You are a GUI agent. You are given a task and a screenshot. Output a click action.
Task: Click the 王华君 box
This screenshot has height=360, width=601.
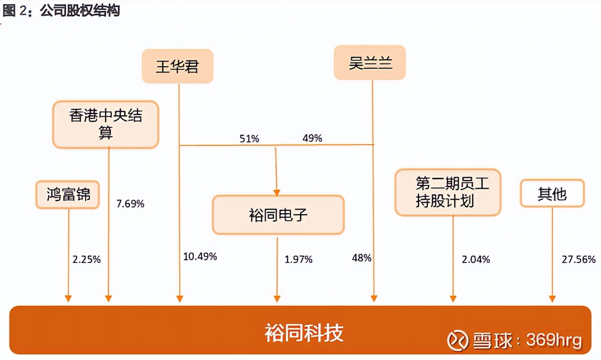(x=177, y=67)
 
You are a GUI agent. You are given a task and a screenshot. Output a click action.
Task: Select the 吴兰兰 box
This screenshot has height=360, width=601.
(x=370, y=63)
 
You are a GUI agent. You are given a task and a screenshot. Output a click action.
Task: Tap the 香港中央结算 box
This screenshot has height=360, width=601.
(x=106, y=125)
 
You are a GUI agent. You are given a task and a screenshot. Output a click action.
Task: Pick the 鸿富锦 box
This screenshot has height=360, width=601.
(x=68, y=195)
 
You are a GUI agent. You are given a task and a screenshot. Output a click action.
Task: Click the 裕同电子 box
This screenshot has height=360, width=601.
(x=278, y=214)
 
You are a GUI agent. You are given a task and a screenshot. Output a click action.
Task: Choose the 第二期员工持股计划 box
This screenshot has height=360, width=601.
(x=448, y=192)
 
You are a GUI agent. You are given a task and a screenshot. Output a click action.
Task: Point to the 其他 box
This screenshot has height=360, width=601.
(x=552, y=194)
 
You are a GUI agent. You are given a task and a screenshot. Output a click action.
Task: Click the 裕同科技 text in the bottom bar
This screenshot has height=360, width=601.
(x=304, y=332)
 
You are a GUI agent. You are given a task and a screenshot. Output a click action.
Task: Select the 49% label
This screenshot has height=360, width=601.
(x=312, y=138)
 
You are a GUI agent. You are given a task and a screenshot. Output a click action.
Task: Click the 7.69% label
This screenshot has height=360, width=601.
(x=130, y=204)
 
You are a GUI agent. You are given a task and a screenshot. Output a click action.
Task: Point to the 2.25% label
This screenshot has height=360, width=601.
(x=87, y=260)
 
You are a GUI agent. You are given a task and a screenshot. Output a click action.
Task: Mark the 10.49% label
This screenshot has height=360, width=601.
(x=200, y=257)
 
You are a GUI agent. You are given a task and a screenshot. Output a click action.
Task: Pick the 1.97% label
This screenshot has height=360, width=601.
(x=299, y=259)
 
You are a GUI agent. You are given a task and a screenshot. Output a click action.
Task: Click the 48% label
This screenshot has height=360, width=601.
(x=361, y=258)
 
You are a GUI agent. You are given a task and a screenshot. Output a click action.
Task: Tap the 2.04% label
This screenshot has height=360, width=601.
(x=476, y=259)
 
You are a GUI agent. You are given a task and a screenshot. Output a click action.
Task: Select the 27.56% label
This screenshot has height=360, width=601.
(x=578, y=259)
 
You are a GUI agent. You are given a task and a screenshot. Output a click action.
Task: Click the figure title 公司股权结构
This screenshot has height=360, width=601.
(x=80, y=11)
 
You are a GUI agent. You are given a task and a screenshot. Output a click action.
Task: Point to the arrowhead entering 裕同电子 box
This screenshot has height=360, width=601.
(x=276, y=192)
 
